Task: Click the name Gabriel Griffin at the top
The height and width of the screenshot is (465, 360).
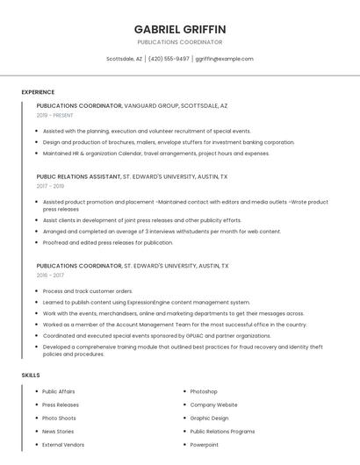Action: (x=180, y=29)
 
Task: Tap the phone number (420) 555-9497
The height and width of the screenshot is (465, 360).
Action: (x=169, y=59)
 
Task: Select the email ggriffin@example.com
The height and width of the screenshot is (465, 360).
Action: (x=224, y=59)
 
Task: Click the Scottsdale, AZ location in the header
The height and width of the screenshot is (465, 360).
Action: (x=124, y=59)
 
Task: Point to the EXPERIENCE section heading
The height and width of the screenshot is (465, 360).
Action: (x=38, y=92)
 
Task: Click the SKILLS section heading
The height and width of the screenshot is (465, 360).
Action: (x=31, y=376)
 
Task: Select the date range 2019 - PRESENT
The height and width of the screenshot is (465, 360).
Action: (x=55, y=115)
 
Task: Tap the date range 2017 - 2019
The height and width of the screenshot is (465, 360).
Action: (x=50, y=186)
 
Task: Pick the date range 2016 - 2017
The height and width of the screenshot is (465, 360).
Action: (x=50, y=275)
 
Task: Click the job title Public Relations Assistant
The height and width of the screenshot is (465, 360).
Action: (x=78, y=176)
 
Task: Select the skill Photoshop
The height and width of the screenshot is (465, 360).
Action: (x=204, y=391)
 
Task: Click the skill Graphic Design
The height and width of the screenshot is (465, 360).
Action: (x=209, y=418)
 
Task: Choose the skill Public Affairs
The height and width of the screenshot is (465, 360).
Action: (x=59, y=391)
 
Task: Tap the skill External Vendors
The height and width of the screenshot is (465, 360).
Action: (x=63, y=445)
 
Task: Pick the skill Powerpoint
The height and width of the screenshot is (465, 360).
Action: (x=205, y=445)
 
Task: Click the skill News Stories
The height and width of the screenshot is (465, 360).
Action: (x=58, y=432)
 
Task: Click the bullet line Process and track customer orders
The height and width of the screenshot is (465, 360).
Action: (x=88, y=290)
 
